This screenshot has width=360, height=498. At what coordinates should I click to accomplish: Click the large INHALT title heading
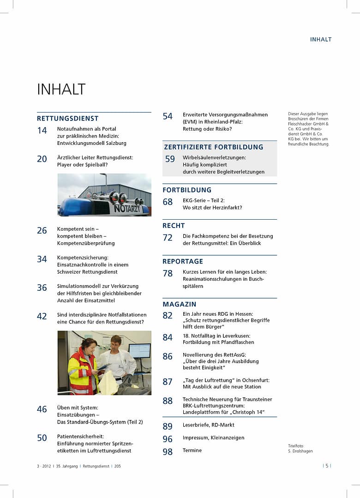(x=61, y=89)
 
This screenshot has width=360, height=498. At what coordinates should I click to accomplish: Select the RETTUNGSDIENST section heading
(x=67, y=119)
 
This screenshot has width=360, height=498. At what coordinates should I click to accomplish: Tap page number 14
(x=42, y=131)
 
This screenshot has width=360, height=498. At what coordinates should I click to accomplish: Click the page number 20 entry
(x=42, y=159)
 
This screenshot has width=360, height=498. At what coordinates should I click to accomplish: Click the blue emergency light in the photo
(x=74, y=207)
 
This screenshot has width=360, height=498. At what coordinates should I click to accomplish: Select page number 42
(x=42, y=316)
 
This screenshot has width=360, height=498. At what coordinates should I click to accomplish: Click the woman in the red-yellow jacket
(x=82, y=367)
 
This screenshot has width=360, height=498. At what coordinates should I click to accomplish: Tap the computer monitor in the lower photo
(x=139, y=351)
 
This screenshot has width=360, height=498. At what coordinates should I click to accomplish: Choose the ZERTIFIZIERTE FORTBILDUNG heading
(x=213, y=147)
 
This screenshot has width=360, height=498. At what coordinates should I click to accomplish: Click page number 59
(x=170, y=159)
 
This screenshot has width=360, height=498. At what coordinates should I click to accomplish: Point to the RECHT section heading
(x=174, y=226)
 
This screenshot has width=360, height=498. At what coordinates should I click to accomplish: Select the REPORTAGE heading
(x=183, y=261)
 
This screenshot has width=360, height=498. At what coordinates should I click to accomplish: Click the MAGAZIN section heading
(x=180, y=304)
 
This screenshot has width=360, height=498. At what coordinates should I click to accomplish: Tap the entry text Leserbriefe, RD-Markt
(x=208, y=425)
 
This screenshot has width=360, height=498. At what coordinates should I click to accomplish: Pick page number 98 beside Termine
(x=168, y=452)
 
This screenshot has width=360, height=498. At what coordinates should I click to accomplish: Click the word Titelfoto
(x=296, y=446)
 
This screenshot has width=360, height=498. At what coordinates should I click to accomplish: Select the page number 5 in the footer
(x=327, y=466)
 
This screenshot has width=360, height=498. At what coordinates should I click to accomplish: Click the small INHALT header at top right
(x=321, y=39)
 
